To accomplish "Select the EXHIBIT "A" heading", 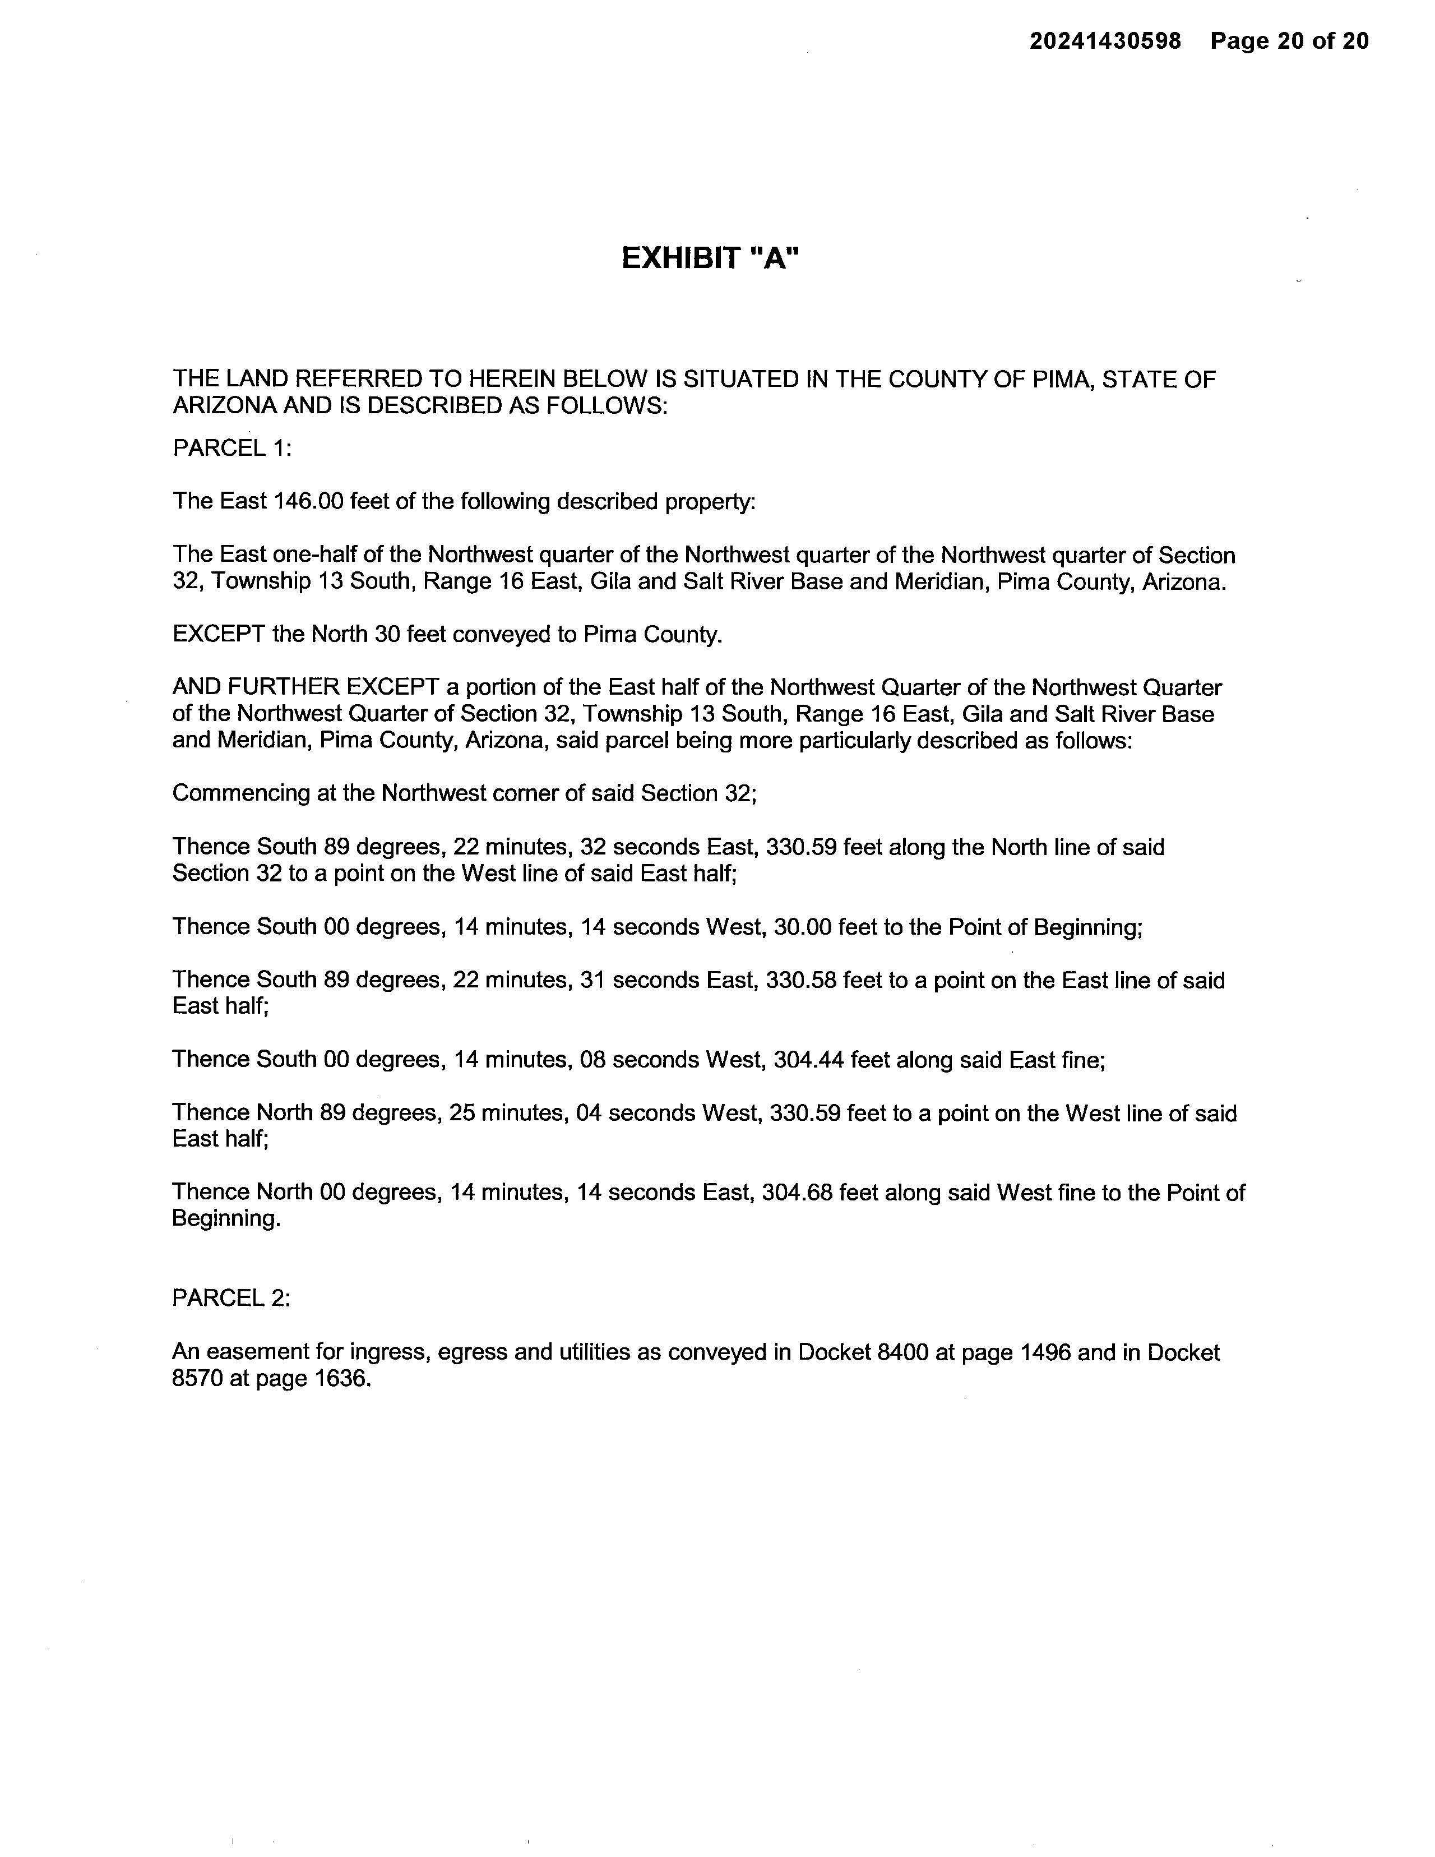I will point(711,257).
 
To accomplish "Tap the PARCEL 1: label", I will point(232,447).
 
